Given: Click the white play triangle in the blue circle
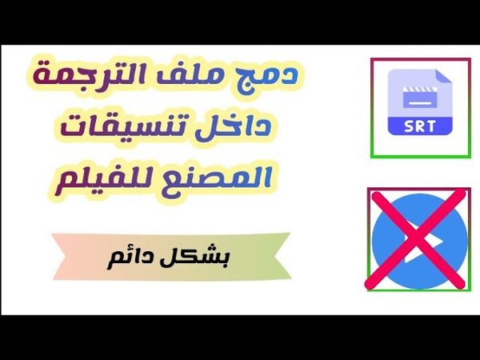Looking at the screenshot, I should tap(422, 239).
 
